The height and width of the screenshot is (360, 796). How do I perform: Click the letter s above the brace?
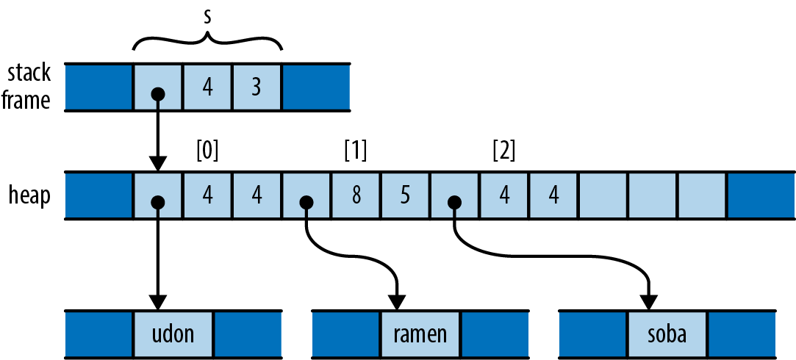tap(208, 16)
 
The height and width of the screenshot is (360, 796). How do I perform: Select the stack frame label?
tap(29, 87)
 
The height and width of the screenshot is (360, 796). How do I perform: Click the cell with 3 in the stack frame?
tap(257, 87)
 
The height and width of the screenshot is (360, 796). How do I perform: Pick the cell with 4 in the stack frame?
tap(207, 87)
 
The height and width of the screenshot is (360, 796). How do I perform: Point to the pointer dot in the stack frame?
tap(157, 94)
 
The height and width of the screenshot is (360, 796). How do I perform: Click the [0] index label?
tap(208, 151)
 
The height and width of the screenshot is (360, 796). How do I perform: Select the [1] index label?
tap(356, 151)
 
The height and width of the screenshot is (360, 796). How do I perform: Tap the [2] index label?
tap(504, 151)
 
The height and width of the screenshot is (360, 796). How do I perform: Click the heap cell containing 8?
tap(356, 196)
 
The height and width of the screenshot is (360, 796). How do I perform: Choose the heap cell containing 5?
tap(405, 196)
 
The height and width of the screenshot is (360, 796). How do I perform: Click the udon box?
tap(174, 334)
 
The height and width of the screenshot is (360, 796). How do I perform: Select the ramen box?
tap(421, 334)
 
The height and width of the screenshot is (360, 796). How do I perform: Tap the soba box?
tap(667, 334)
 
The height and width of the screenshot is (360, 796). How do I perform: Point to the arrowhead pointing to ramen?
tap(396, 302)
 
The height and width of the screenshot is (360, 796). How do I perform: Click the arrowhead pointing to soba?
tap(649, 302)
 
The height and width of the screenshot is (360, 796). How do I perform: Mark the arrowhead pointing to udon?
tap(157, 302)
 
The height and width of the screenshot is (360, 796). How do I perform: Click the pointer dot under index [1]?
tap(306, 202)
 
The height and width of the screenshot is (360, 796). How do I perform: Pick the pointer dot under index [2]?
tap(455, 202)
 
